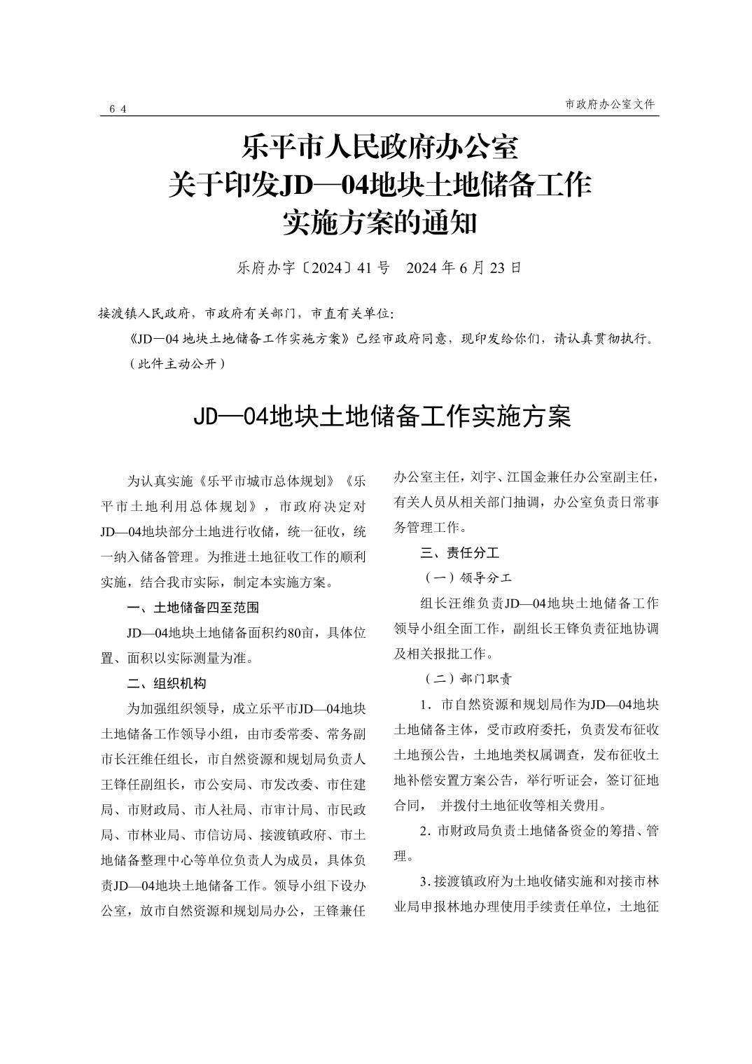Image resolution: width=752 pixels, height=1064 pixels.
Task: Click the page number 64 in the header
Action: [118, 108]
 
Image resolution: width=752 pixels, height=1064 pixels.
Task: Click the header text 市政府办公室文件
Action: [610, 104]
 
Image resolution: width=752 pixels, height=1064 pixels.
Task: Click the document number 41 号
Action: [372, 268]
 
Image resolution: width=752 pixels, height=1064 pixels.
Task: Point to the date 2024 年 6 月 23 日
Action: [464, 268]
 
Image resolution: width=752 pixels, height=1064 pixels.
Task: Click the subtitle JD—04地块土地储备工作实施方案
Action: [382, 416]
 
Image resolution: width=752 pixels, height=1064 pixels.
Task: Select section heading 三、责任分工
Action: [459, 553]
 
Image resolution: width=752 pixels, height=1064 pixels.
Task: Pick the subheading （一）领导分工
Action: [468, 578]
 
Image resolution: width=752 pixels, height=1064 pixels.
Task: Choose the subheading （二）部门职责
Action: [468, 679]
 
